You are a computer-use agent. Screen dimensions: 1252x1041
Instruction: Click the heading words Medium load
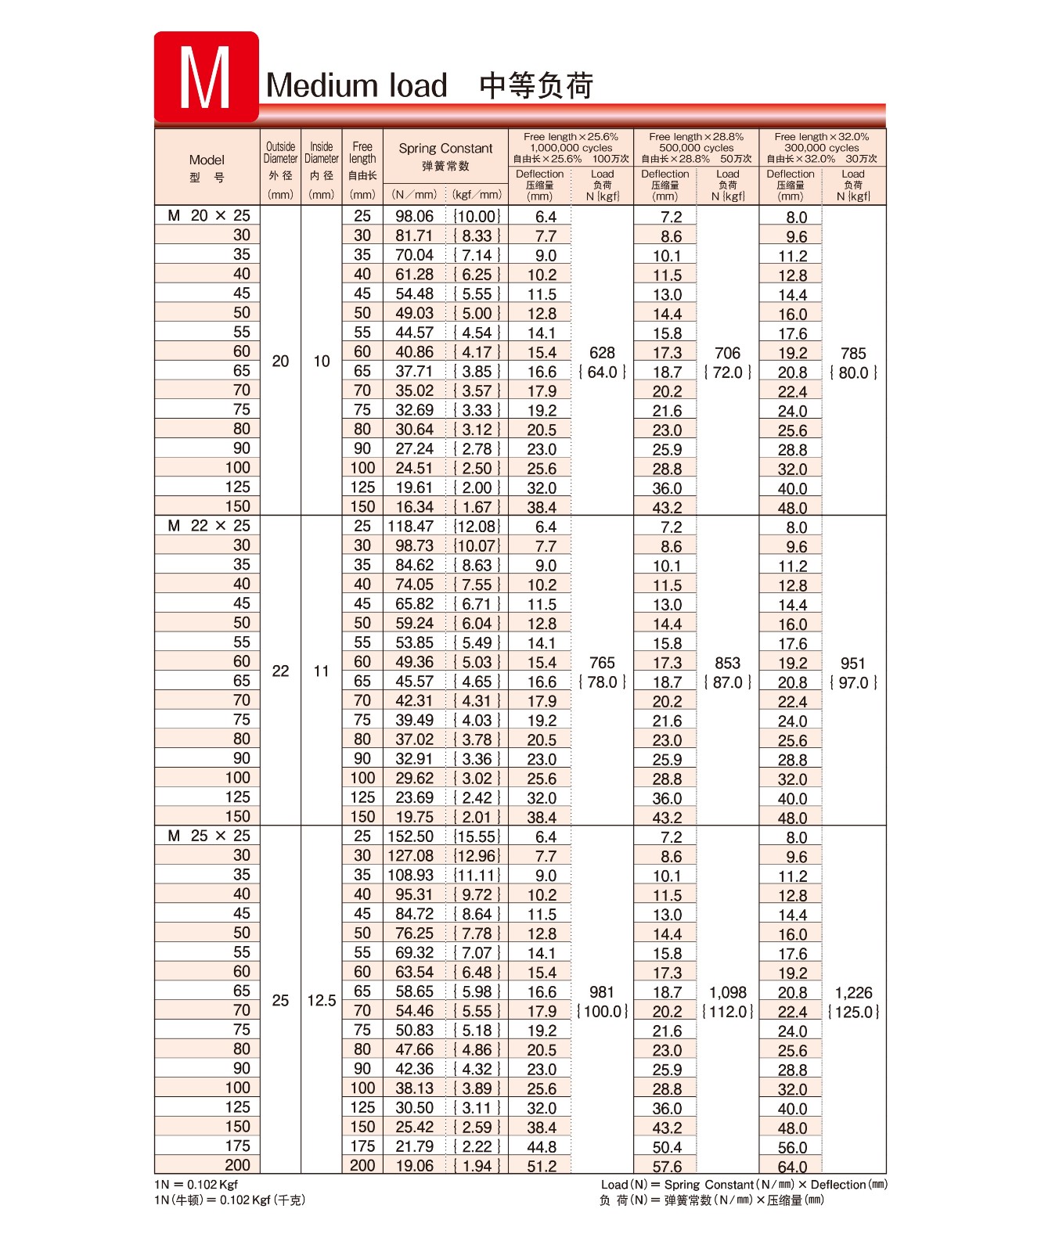point(357,85)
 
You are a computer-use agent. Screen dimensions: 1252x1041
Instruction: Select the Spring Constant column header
point(445,148)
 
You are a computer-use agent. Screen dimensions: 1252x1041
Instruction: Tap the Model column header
point(207,160)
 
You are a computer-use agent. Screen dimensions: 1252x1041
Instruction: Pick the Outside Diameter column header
point(280,153)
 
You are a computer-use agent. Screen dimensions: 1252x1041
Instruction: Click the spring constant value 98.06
point(414,216)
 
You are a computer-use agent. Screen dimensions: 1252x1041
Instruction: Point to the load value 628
point(602,353)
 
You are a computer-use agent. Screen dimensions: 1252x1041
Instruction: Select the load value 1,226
point(853,992)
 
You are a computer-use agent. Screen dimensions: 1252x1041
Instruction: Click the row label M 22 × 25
point(209,526)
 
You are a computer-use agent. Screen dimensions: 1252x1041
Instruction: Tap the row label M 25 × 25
point(209,836)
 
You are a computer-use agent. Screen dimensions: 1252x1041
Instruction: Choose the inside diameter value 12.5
point(321,1001)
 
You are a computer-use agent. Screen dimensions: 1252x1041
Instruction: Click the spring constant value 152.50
point(411,836)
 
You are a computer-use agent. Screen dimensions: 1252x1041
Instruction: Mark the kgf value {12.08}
point(476,526)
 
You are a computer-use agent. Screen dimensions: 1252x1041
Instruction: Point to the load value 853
point(727,663)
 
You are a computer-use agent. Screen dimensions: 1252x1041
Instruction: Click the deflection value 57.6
point(667,1167)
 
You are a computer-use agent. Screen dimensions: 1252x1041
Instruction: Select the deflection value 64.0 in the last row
point(792,1167)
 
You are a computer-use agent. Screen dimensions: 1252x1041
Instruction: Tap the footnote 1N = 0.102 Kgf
point(196,1185)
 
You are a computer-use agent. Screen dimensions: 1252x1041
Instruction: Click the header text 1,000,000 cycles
point(571,147)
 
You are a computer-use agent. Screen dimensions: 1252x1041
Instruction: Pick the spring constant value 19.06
point(414,1166)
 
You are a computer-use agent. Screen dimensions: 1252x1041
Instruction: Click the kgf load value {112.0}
point(728,1012)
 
